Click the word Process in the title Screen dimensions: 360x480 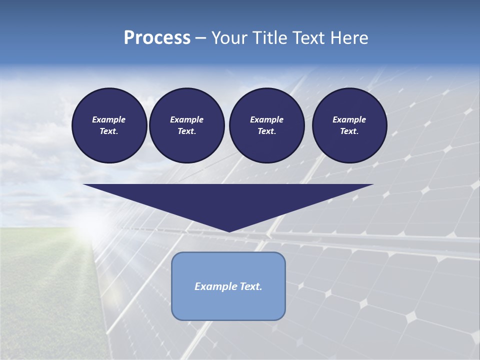[x=157, y=38]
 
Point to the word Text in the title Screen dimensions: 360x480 [x=310, y=38]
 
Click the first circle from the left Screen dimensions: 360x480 [x=109, y=125]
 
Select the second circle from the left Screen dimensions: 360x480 [x=186, y=125]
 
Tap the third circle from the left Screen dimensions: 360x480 [x=266, y=125]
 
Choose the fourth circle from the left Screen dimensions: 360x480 [x=349, y=125]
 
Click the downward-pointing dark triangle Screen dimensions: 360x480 [x=228, y=200]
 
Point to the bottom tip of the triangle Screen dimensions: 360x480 [x=229, y=230]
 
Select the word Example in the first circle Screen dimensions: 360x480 [x=109, y=119]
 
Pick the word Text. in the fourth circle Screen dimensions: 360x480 [x=349, y=131]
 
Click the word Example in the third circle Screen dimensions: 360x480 [x=266, y=119]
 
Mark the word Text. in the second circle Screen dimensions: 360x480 [x=186, y=131]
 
